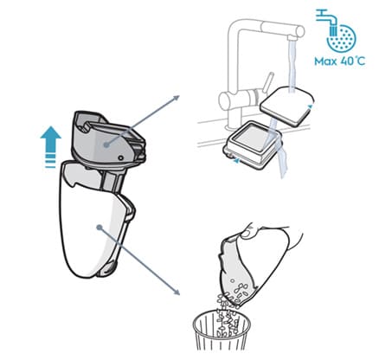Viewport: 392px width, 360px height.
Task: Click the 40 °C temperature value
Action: tap(353, 61)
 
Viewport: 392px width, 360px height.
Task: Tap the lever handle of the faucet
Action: tap(268, 81)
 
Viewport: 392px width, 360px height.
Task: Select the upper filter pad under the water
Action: tap(287, 106)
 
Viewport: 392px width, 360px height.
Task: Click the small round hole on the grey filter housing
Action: tap(121, 157)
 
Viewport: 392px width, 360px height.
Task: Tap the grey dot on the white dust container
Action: tap(100, 228)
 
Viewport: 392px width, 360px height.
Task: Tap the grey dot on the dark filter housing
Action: tap(106, 145)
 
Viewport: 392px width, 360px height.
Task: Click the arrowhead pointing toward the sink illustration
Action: tap(177, 98)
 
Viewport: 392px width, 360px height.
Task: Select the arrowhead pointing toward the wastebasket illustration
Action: tap(177, 292)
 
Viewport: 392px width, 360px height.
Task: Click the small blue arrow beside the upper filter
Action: tap(310, 106)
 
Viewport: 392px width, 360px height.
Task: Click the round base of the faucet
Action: tap(233, 127)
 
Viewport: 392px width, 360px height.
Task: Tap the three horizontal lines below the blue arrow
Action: tap(51, 162)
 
